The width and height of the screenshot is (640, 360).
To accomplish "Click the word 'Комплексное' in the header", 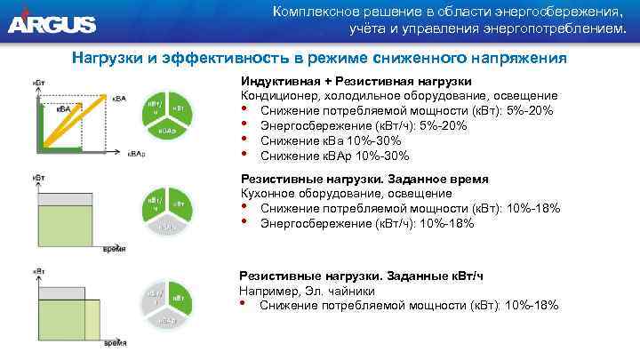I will coord(316,12).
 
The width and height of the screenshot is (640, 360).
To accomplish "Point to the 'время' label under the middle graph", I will coord(111,247).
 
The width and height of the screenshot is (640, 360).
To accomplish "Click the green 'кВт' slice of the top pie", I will coord(179,109).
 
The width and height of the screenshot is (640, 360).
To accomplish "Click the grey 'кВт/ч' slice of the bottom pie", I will coord(155,295).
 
